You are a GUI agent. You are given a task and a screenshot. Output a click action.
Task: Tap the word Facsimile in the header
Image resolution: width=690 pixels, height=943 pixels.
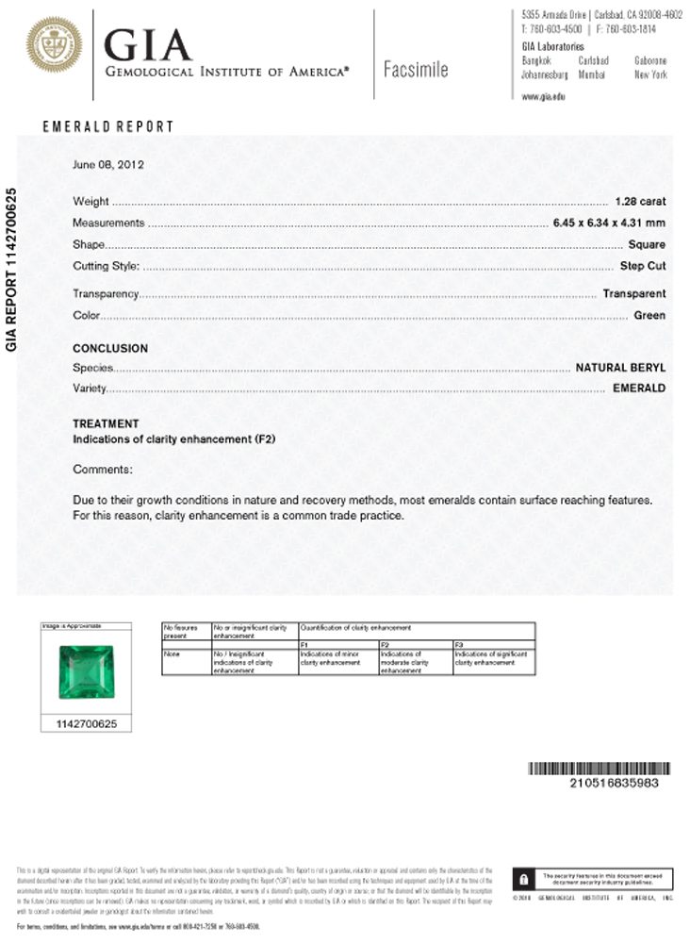click(416, 70)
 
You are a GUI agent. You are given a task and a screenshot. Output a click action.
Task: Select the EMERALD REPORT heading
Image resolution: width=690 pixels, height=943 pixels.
click(108, 126)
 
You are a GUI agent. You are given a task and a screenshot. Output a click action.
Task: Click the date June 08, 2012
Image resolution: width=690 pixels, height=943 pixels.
click(107, 164)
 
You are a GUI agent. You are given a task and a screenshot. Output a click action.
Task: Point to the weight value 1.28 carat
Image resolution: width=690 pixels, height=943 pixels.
click(640, 201)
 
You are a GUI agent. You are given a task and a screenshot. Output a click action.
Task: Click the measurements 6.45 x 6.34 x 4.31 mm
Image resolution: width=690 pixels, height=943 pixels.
click(609, 223)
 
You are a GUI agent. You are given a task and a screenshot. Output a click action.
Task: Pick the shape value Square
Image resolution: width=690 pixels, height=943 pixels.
click(647, 244)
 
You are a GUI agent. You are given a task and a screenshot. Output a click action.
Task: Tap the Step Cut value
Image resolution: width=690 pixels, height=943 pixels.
click(643, 266)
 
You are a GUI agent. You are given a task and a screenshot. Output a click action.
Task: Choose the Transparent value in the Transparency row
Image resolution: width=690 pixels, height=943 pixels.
click(634, 293)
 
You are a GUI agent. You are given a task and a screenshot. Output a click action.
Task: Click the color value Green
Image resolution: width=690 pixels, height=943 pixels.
click(649, 315)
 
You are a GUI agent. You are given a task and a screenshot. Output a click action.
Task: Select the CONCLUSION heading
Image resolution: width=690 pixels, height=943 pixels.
click(110, 348)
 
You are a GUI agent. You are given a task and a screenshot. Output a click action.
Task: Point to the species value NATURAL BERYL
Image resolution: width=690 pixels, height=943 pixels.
click(620, 367)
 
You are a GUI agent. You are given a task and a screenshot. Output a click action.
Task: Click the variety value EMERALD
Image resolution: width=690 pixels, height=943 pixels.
click(639, 388)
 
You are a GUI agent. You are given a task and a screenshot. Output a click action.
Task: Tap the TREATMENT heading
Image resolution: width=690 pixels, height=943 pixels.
click(106, 424)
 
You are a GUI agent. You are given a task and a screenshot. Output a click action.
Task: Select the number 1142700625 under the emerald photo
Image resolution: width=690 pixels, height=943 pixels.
click(85, 724)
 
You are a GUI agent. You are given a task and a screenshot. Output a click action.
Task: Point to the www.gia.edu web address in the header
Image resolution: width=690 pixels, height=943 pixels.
click(543, 96)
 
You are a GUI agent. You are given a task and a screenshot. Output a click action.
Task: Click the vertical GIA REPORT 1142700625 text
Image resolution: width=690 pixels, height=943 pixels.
click(12, 270)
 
